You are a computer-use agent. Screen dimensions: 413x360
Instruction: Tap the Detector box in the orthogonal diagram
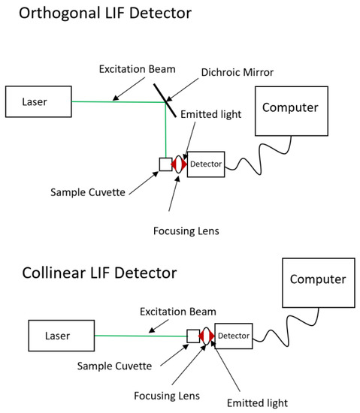206,164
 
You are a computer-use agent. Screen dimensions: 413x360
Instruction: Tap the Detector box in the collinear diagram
234,335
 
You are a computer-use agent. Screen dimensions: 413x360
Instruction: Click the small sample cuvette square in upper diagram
165,164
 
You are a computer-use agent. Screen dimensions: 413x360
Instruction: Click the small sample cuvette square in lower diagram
192,336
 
